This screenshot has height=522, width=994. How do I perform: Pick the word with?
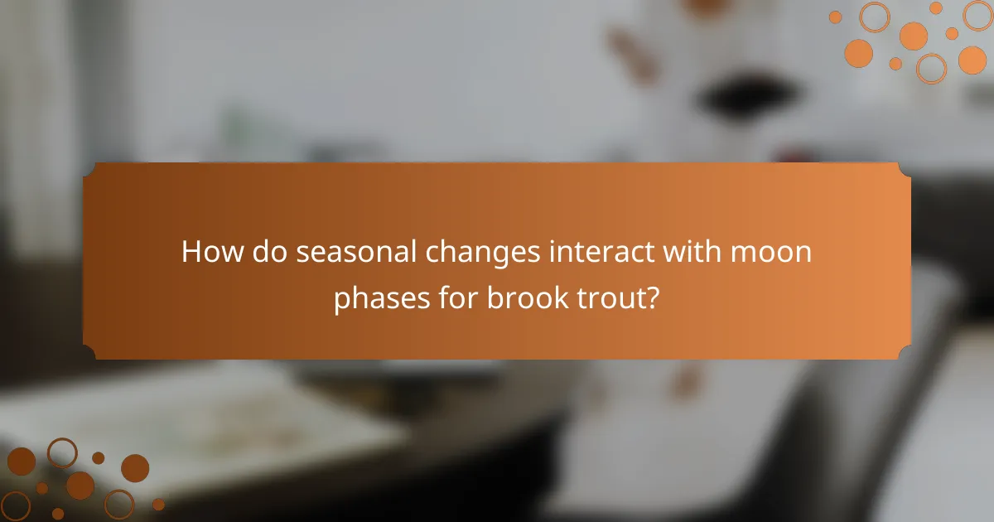tap(694, 252)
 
